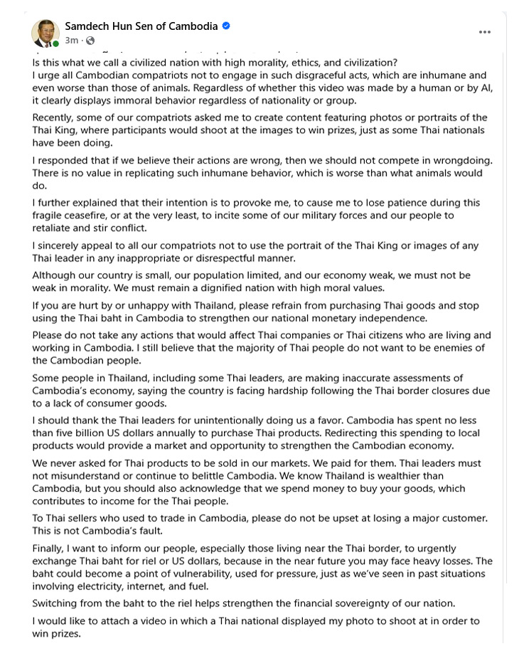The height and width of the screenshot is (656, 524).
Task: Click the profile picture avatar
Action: (x=45, y=32)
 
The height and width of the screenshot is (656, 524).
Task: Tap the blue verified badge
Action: (x=226, y=26)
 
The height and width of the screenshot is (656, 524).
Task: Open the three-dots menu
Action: (x=485, y=32)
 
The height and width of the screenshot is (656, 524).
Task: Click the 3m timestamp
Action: (x=71, y=41)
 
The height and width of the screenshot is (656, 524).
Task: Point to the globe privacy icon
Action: (x=90, y=41)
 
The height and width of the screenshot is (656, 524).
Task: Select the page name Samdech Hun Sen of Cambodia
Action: (x=141, y=26)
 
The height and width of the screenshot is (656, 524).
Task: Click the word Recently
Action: (x=53, y=117)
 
